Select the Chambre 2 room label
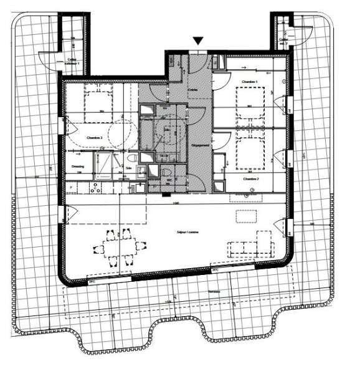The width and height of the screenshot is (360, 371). point(250,178)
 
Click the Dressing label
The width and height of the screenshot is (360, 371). point(77,167)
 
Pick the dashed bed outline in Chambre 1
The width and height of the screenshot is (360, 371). point(252,104)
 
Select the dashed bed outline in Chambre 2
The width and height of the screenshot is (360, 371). point(252,152)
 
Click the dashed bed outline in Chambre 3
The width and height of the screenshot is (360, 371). point(99,103)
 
